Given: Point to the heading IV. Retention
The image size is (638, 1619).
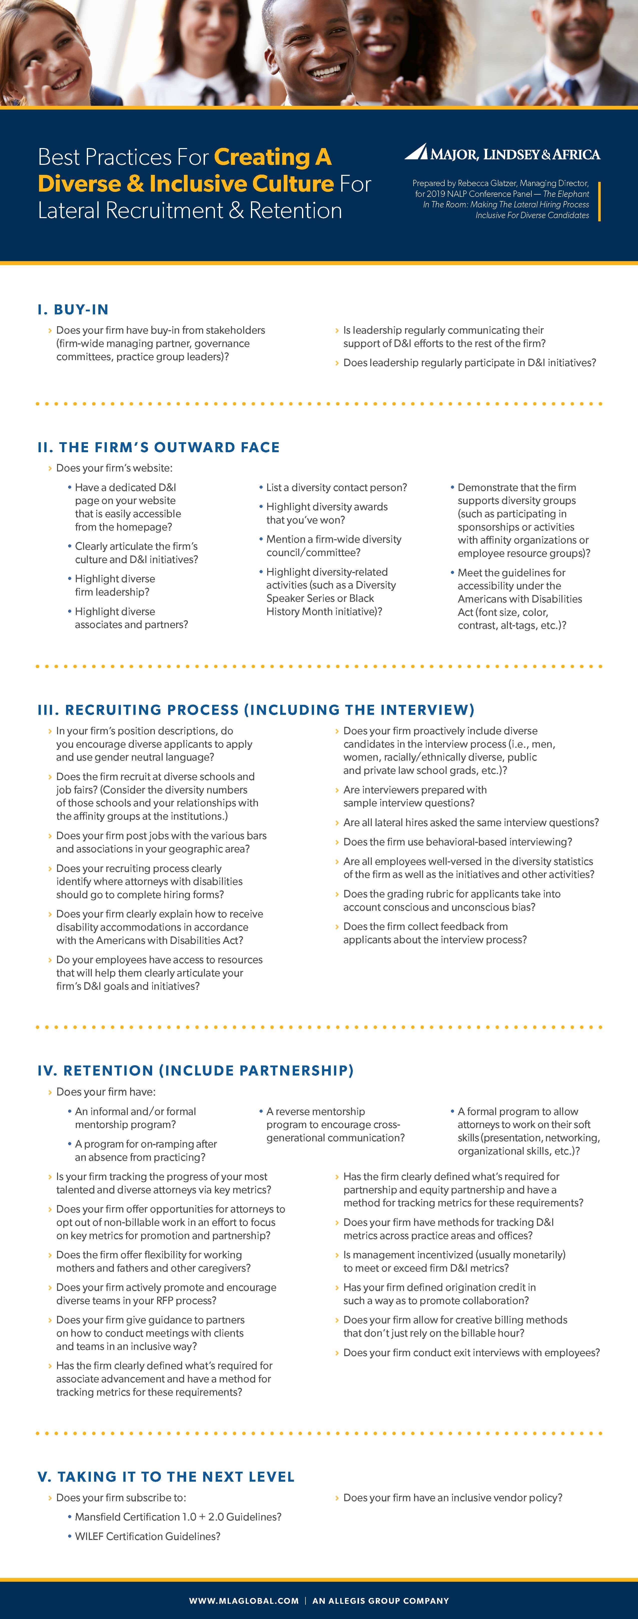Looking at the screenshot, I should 195,1070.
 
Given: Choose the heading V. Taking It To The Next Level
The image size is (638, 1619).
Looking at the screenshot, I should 166,1476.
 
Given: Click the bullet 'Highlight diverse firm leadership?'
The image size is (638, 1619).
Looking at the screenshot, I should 114,585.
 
